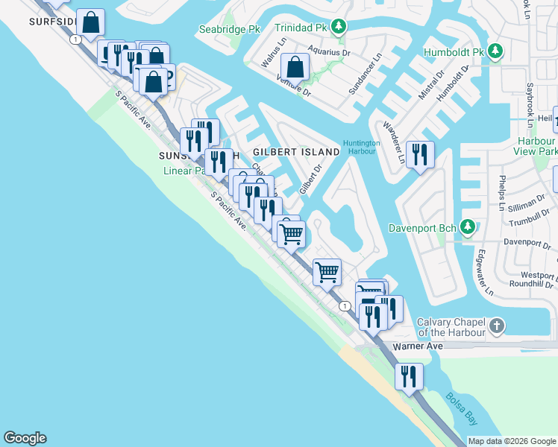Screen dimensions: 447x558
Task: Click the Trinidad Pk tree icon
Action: pos(339,28)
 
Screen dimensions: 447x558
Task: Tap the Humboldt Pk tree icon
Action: pos(495,52)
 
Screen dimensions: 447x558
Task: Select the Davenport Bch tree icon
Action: pos(468,226)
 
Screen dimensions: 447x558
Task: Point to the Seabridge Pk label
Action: pos(228,30)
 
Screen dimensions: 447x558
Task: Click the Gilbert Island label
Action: pos(296,151)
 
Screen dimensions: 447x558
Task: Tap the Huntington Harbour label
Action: pos(362,148)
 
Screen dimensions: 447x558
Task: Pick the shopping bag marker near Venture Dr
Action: pos(296,67)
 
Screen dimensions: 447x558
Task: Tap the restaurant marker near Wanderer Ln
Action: pos(421,154)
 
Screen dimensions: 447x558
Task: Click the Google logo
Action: pos(25,438)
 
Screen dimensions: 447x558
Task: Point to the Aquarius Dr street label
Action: pos(329,53)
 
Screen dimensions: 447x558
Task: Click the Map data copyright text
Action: pos(511,441)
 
